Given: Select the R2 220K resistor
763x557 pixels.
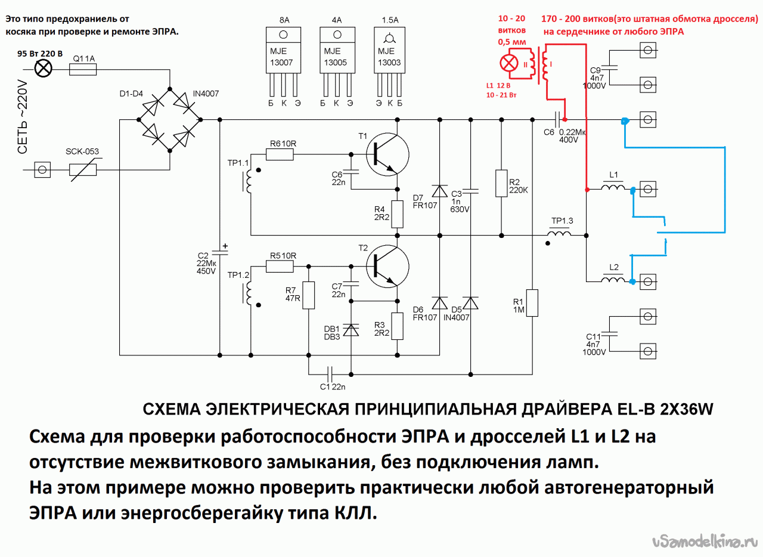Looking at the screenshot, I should [501, 183].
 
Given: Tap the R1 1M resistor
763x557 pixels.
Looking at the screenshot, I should [532, 303].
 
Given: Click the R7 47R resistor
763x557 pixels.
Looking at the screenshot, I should [308, 295].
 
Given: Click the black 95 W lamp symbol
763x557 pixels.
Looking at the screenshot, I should [43, 70].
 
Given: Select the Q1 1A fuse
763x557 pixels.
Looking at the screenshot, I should [83, 70].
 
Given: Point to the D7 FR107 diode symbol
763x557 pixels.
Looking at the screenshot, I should [440, 191].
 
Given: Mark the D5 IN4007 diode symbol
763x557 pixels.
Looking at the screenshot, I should [471, 304].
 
